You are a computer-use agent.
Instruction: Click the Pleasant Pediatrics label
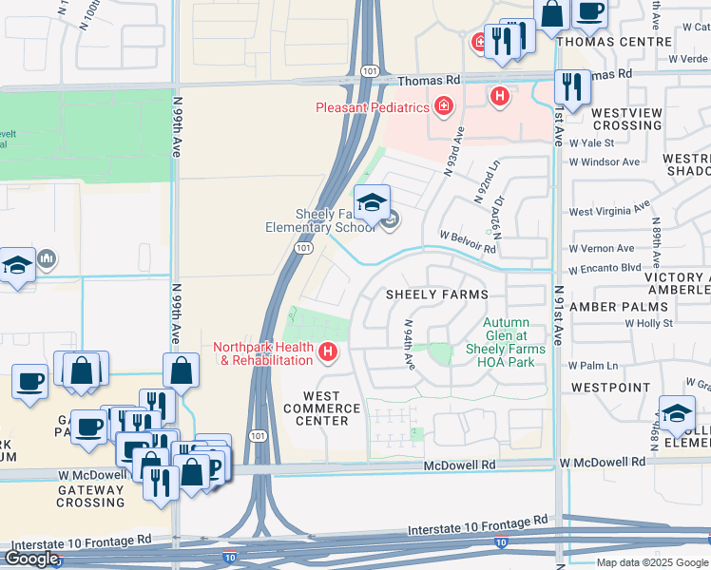tap(372, 107)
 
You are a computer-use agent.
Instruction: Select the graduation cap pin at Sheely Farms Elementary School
tap(372, 202)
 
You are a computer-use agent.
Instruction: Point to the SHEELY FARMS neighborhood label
tap(436, 294)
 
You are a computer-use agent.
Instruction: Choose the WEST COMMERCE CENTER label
tap(322, 408)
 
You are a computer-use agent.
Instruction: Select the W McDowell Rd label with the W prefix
tap(602, 462)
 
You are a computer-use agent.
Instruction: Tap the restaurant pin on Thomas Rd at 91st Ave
tap(571, 86)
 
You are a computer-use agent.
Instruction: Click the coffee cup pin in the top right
tap(589, 11)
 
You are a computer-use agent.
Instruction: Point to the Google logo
tap(31, 559)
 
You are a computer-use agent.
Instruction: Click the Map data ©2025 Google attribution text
tap(652, 562)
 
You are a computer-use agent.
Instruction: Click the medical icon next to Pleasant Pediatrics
tap(442, 105)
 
